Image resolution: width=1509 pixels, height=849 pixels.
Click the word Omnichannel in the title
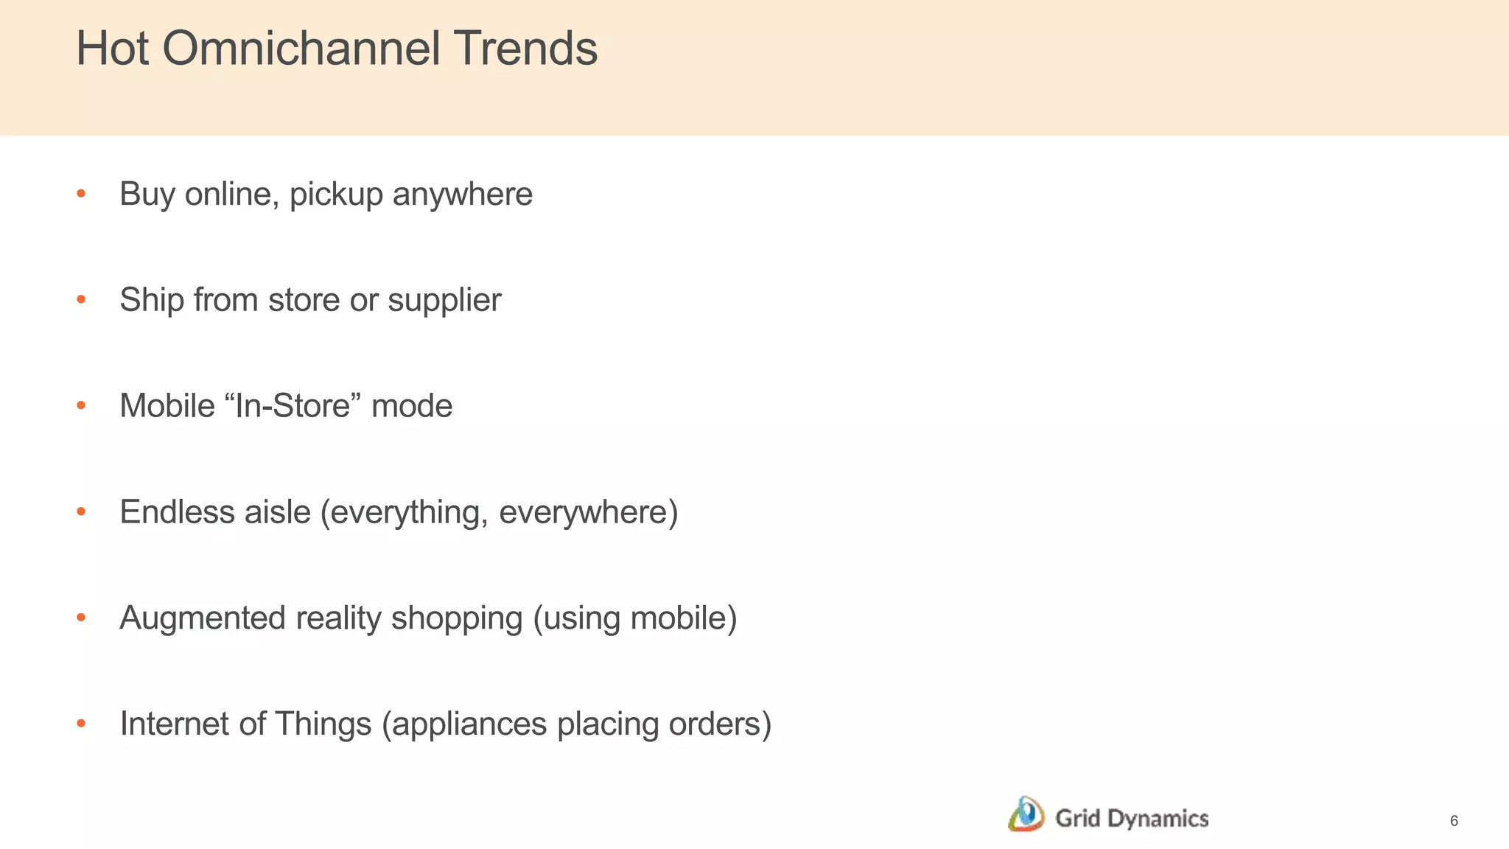(301, 49)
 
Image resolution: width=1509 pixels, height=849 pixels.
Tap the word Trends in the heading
(525, 49)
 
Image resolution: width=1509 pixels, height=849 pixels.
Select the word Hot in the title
(113, 49)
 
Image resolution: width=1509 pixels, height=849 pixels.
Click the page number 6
(1453, 821)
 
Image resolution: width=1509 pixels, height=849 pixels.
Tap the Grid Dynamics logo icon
(1026, 814)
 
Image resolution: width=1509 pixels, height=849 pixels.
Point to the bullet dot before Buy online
(81, 194)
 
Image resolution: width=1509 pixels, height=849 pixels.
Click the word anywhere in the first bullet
(462, 195)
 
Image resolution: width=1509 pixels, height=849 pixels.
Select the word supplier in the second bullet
(444, 301)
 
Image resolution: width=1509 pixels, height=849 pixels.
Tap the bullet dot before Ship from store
(81, 300)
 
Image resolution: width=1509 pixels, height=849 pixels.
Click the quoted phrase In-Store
(292, 405)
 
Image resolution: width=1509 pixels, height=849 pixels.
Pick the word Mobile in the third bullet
(167, 405)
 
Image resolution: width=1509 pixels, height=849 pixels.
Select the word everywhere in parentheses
(587, 512)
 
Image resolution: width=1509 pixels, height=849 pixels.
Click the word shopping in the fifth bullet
(456, 618)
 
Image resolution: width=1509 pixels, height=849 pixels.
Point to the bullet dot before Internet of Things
(81, 724)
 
